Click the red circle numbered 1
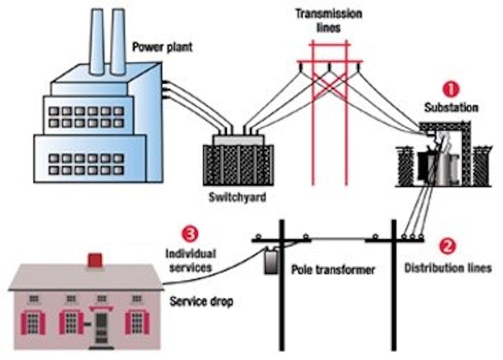(450, 90)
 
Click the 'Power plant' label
(162, 48)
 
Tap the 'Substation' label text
(451, 107)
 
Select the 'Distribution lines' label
(448, 268)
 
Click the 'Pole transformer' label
(333, 270)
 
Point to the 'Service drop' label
(201, 302)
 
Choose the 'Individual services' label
(191, 261)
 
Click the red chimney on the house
(95, 260)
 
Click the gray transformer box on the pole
(272, 261)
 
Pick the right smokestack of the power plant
(118, 40)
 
